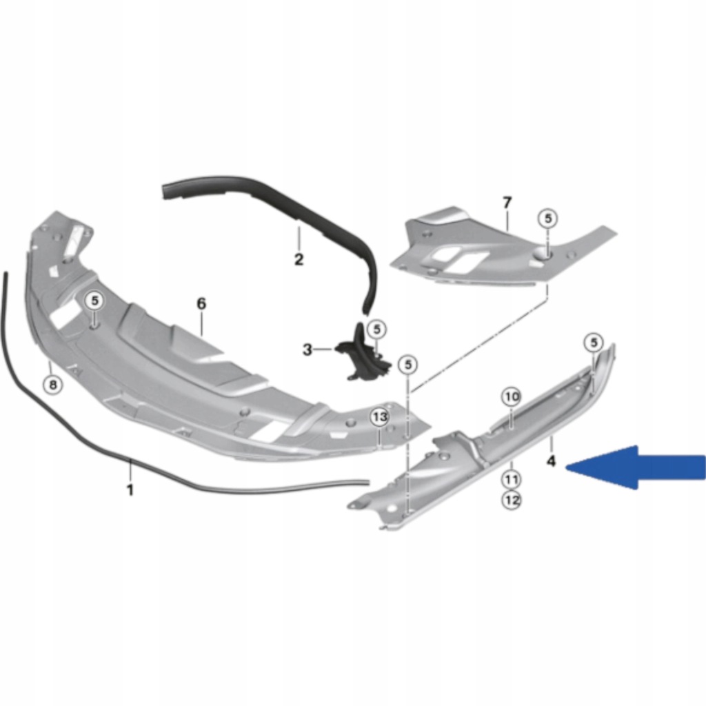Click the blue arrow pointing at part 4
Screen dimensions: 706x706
point(635,467)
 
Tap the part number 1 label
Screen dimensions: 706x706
point(130,490)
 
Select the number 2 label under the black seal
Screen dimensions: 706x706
point(299,259)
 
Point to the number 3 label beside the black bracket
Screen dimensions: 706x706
point(307,350)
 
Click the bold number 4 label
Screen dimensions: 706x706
point(552,461)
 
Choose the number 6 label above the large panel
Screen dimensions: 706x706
point(201,303)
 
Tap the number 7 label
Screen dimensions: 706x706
point(507,203)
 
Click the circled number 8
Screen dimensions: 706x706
point(52,385)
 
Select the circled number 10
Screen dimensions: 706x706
point(512,397)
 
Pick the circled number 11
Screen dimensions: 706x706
point(512,480)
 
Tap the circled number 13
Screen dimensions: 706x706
point(380,417)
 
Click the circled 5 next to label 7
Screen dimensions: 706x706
point(548,219)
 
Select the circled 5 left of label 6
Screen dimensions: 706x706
point(94,301)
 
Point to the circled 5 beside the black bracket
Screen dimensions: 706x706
point(377,329)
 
